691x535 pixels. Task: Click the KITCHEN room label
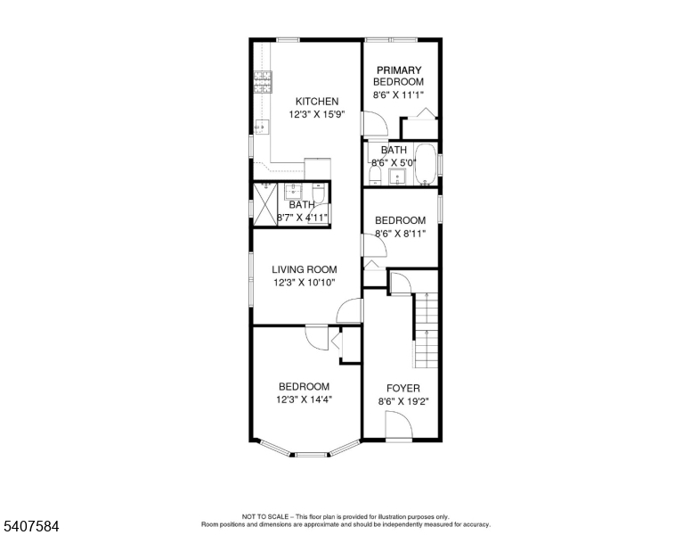click(317, 102)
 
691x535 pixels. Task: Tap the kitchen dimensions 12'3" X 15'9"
click(317, 115)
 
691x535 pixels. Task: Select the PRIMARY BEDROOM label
click(399, 76)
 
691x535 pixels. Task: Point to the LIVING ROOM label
click(305, 269)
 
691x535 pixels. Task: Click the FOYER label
click(403, 389)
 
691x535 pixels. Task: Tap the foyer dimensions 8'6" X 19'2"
click(403, 401)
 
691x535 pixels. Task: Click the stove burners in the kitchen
click(263, 82)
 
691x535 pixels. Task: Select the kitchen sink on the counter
click(262, 128)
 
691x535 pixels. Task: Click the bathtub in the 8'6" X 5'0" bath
click(426, 164)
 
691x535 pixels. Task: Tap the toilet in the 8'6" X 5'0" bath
click(375, 176)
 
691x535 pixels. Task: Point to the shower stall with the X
click(265, 204)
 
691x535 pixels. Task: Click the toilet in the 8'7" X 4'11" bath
click(319, 193)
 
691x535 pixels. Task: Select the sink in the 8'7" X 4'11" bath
click(293, 192)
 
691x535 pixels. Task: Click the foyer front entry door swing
click(398, 425)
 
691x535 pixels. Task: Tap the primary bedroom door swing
click(375, 124)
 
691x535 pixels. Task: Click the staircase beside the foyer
click(427, 330)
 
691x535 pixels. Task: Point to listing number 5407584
click(31, 526)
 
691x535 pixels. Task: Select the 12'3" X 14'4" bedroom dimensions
click(304, 400)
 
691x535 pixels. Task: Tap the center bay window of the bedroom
click(312, 454)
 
